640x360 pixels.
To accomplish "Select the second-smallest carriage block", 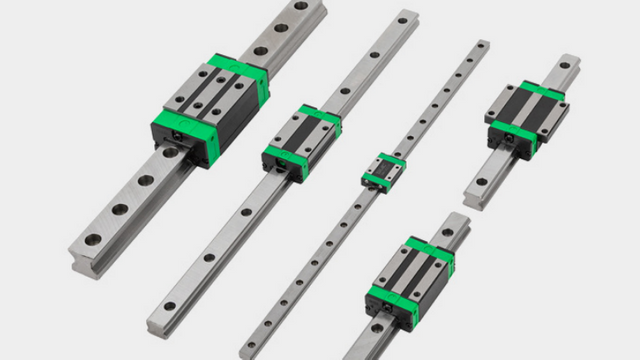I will pos(301,140).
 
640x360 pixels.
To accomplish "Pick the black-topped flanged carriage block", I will pos(526,116).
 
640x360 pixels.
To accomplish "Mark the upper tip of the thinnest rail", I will pos(483,45).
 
